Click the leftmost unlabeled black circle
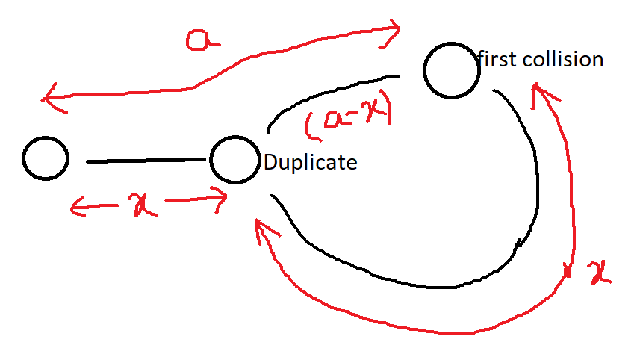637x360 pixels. (46, 159)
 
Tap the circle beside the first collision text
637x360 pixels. (451, 69)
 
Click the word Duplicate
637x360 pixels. (311, 162)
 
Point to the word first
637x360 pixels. (497, 59)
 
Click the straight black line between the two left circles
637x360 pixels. (146, 161)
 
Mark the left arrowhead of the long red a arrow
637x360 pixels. (49, 98)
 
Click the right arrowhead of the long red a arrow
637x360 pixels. (394, 30)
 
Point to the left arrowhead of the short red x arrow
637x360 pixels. (74, 206)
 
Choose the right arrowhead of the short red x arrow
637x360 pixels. (222, 198)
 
